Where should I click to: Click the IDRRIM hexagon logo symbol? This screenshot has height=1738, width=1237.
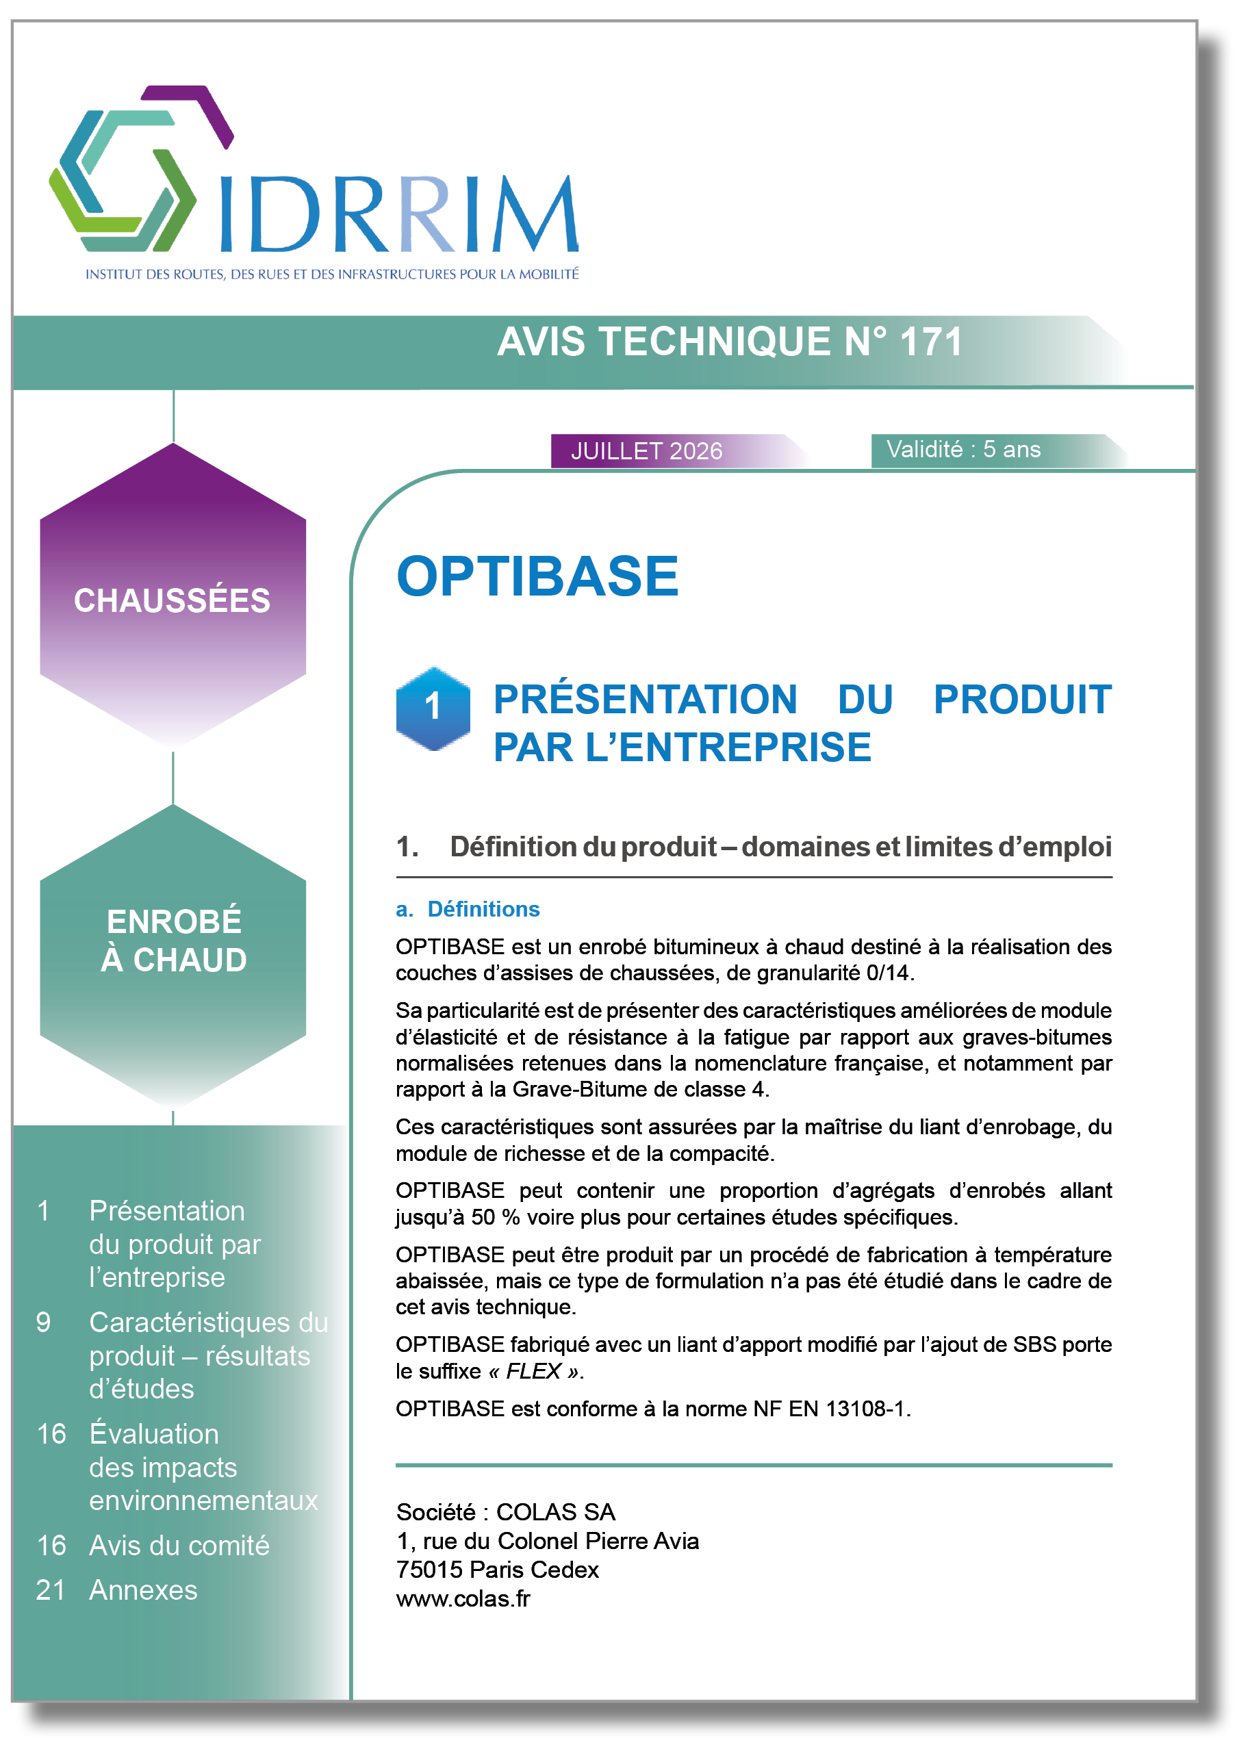141,168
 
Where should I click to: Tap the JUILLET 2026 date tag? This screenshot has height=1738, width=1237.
678,450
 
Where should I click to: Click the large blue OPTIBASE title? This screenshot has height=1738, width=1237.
537,576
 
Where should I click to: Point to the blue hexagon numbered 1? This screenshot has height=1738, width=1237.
433,708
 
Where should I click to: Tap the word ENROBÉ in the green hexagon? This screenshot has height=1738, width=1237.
174,921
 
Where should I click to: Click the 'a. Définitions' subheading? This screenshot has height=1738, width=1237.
468,908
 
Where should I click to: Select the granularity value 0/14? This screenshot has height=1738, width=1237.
887,973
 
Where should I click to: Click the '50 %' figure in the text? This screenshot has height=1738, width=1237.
495,1217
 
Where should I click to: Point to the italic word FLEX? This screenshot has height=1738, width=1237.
533,1371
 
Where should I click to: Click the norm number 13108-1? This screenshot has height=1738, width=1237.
866,1409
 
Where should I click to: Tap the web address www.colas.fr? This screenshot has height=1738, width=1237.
463,1598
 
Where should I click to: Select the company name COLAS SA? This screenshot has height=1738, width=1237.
555,1512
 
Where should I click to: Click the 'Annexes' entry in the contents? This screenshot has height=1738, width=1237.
143,1589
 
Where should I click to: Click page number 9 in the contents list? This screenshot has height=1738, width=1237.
43,1322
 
